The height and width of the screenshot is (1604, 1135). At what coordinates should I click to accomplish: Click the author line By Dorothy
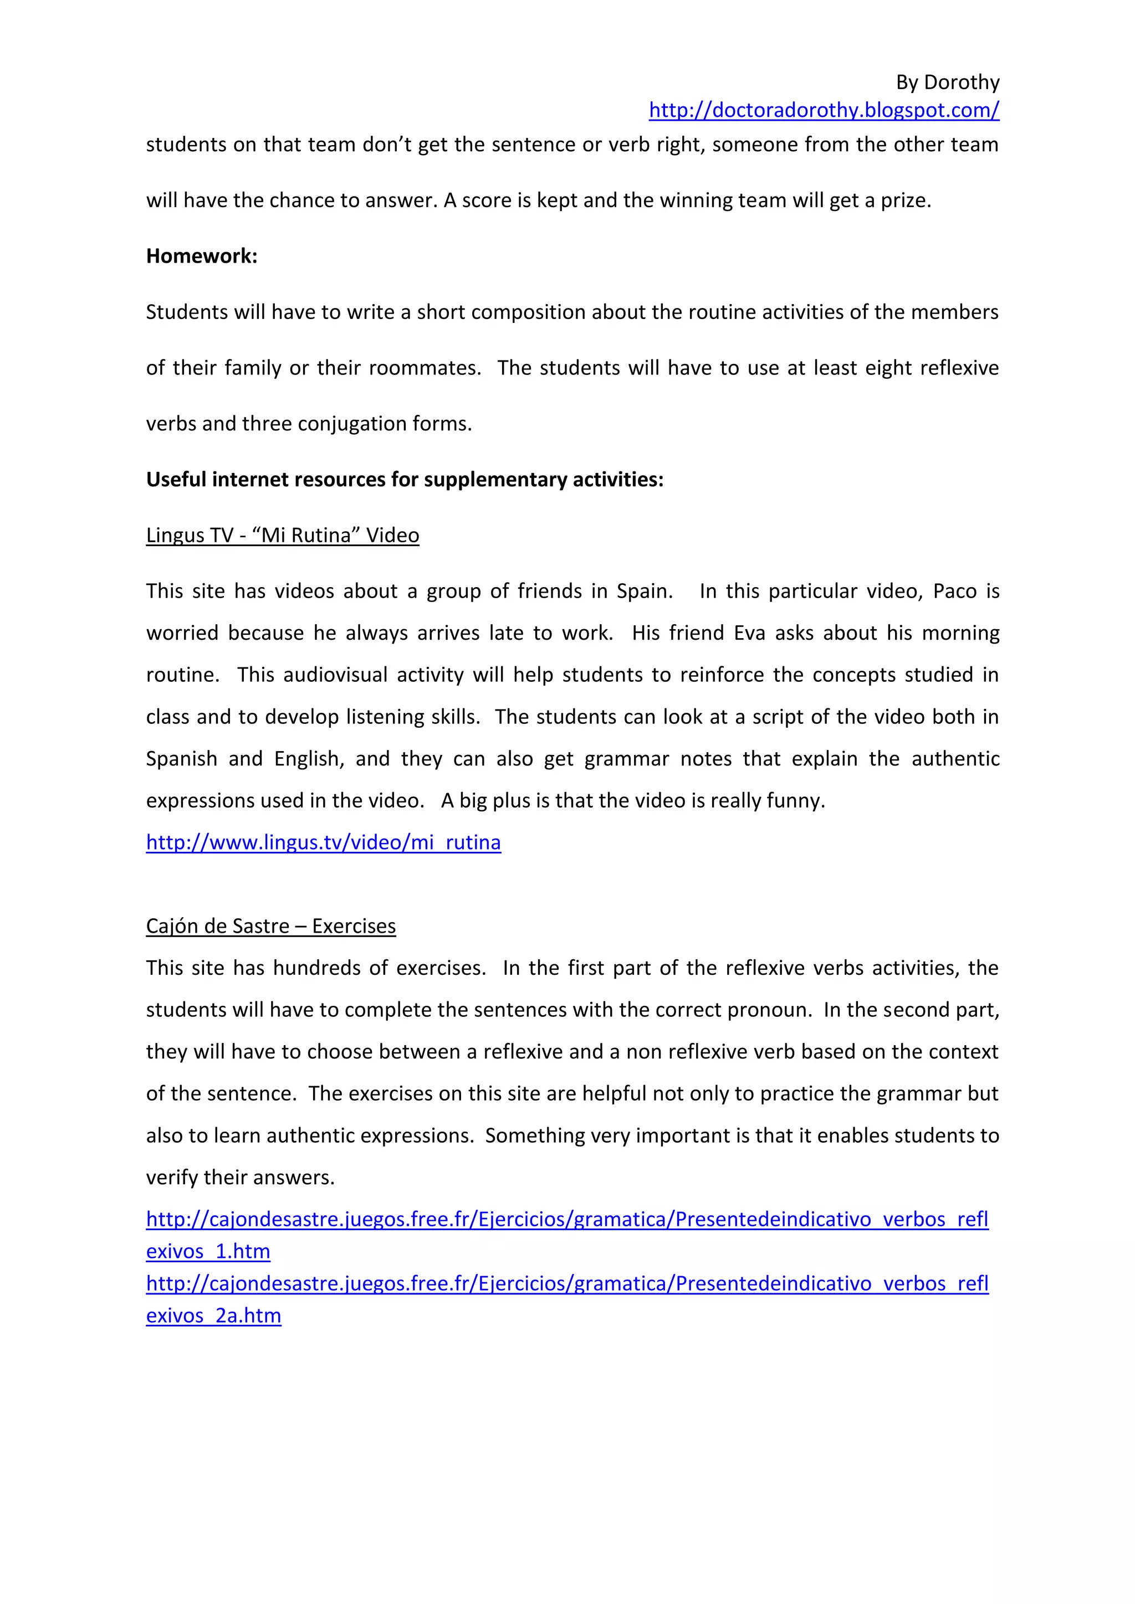[947, 83]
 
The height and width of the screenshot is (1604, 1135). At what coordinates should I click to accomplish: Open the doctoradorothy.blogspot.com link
[824, 110]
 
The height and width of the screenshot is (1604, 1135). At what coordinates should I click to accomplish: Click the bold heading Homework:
[201, 256]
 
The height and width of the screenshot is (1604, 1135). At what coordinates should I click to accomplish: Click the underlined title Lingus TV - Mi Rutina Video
[282, 535]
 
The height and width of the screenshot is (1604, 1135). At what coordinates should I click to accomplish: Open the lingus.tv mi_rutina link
[323, 842]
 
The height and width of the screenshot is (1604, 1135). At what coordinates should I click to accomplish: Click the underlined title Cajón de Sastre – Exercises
[270, 927]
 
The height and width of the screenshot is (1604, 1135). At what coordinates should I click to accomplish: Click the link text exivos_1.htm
[208, 1251]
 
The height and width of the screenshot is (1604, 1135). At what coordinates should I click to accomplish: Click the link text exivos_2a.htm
[213, 1315]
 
